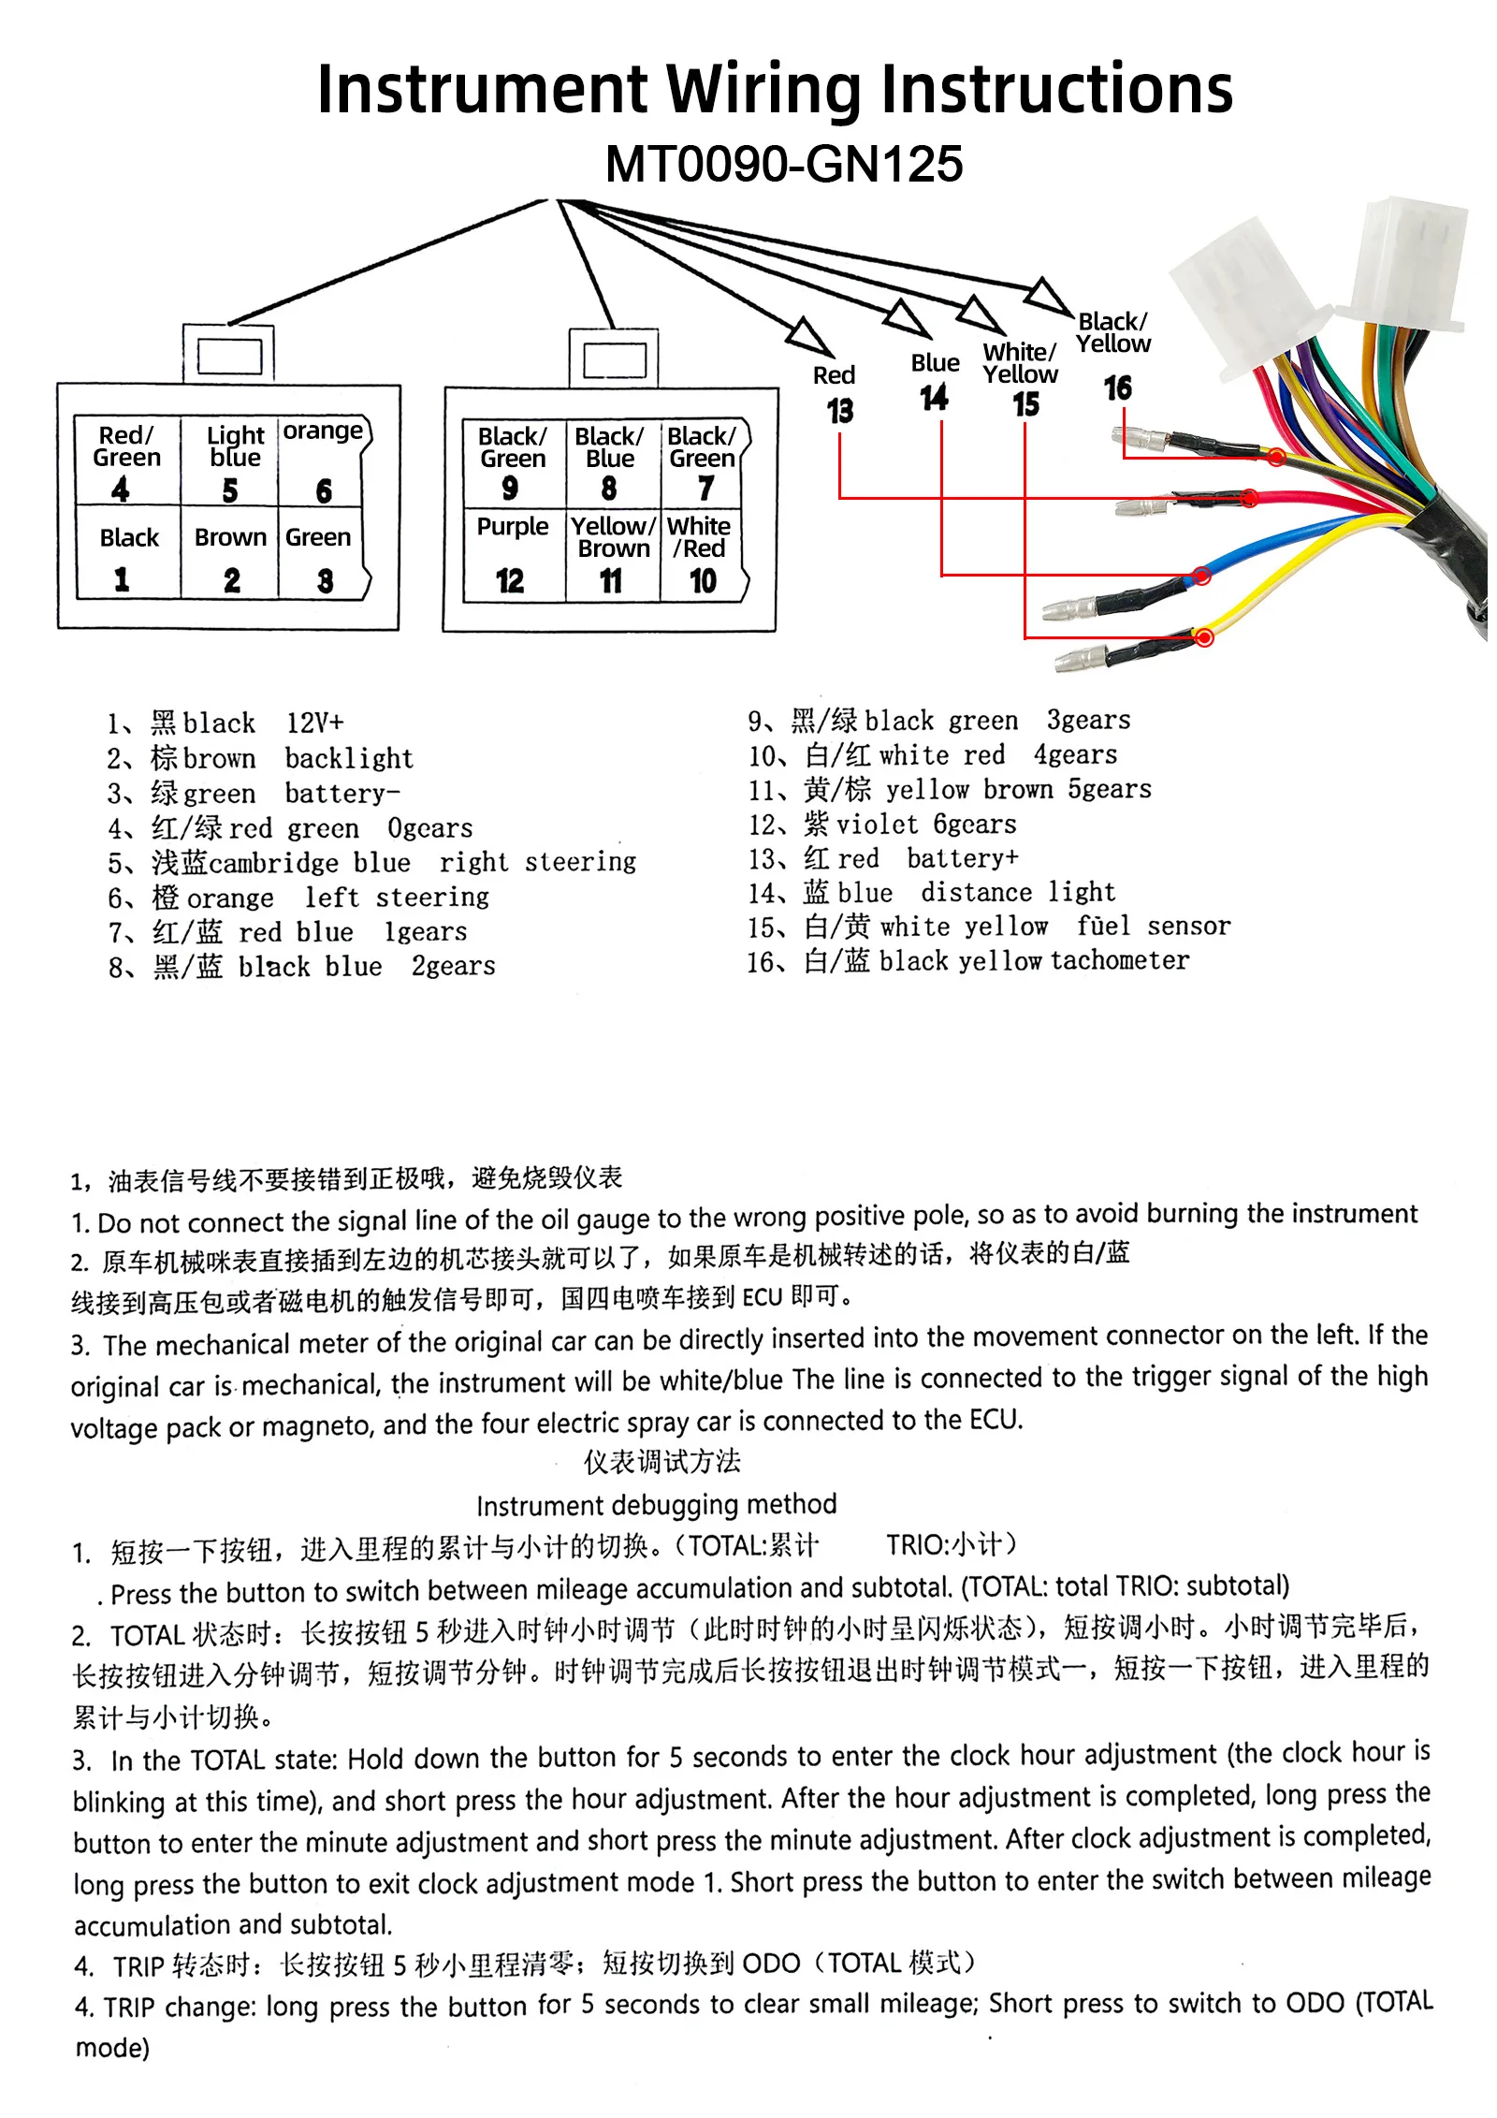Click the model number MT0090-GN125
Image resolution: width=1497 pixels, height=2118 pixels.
tap(784, 164)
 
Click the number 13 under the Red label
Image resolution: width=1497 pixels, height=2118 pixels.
tap(839, 411)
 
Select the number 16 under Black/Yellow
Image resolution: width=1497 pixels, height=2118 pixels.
tap(1117, 387)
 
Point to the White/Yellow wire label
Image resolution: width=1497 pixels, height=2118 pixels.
tap(1020, 363)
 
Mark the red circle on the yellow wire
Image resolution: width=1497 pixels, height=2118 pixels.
tap(1204, 637)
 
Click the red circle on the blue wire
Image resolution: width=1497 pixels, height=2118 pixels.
tap(1202, 576)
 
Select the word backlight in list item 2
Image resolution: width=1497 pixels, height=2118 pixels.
tap(348, 758)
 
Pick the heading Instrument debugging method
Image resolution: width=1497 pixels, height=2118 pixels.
tap(656, 1505)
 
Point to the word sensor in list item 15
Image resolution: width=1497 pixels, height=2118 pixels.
tap(1188, 926)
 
